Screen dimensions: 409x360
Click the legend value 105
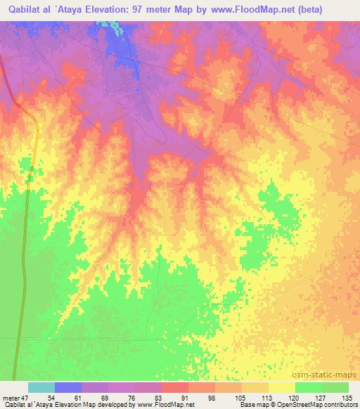tap(241, 397)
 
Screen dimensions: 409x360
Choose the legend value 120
tap(295, 397)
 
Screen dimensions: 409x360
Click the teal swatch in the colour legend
tap(41, 387)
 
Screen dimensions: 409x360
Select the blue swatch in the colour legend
tap(68, 387)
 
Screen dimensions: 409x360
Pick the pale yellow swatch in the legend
tap(282, 387)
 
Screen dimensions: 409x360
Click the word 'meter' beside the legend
tap(11, 397)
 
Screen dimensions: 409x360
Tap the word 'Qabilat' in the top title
tap(25, 10)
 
